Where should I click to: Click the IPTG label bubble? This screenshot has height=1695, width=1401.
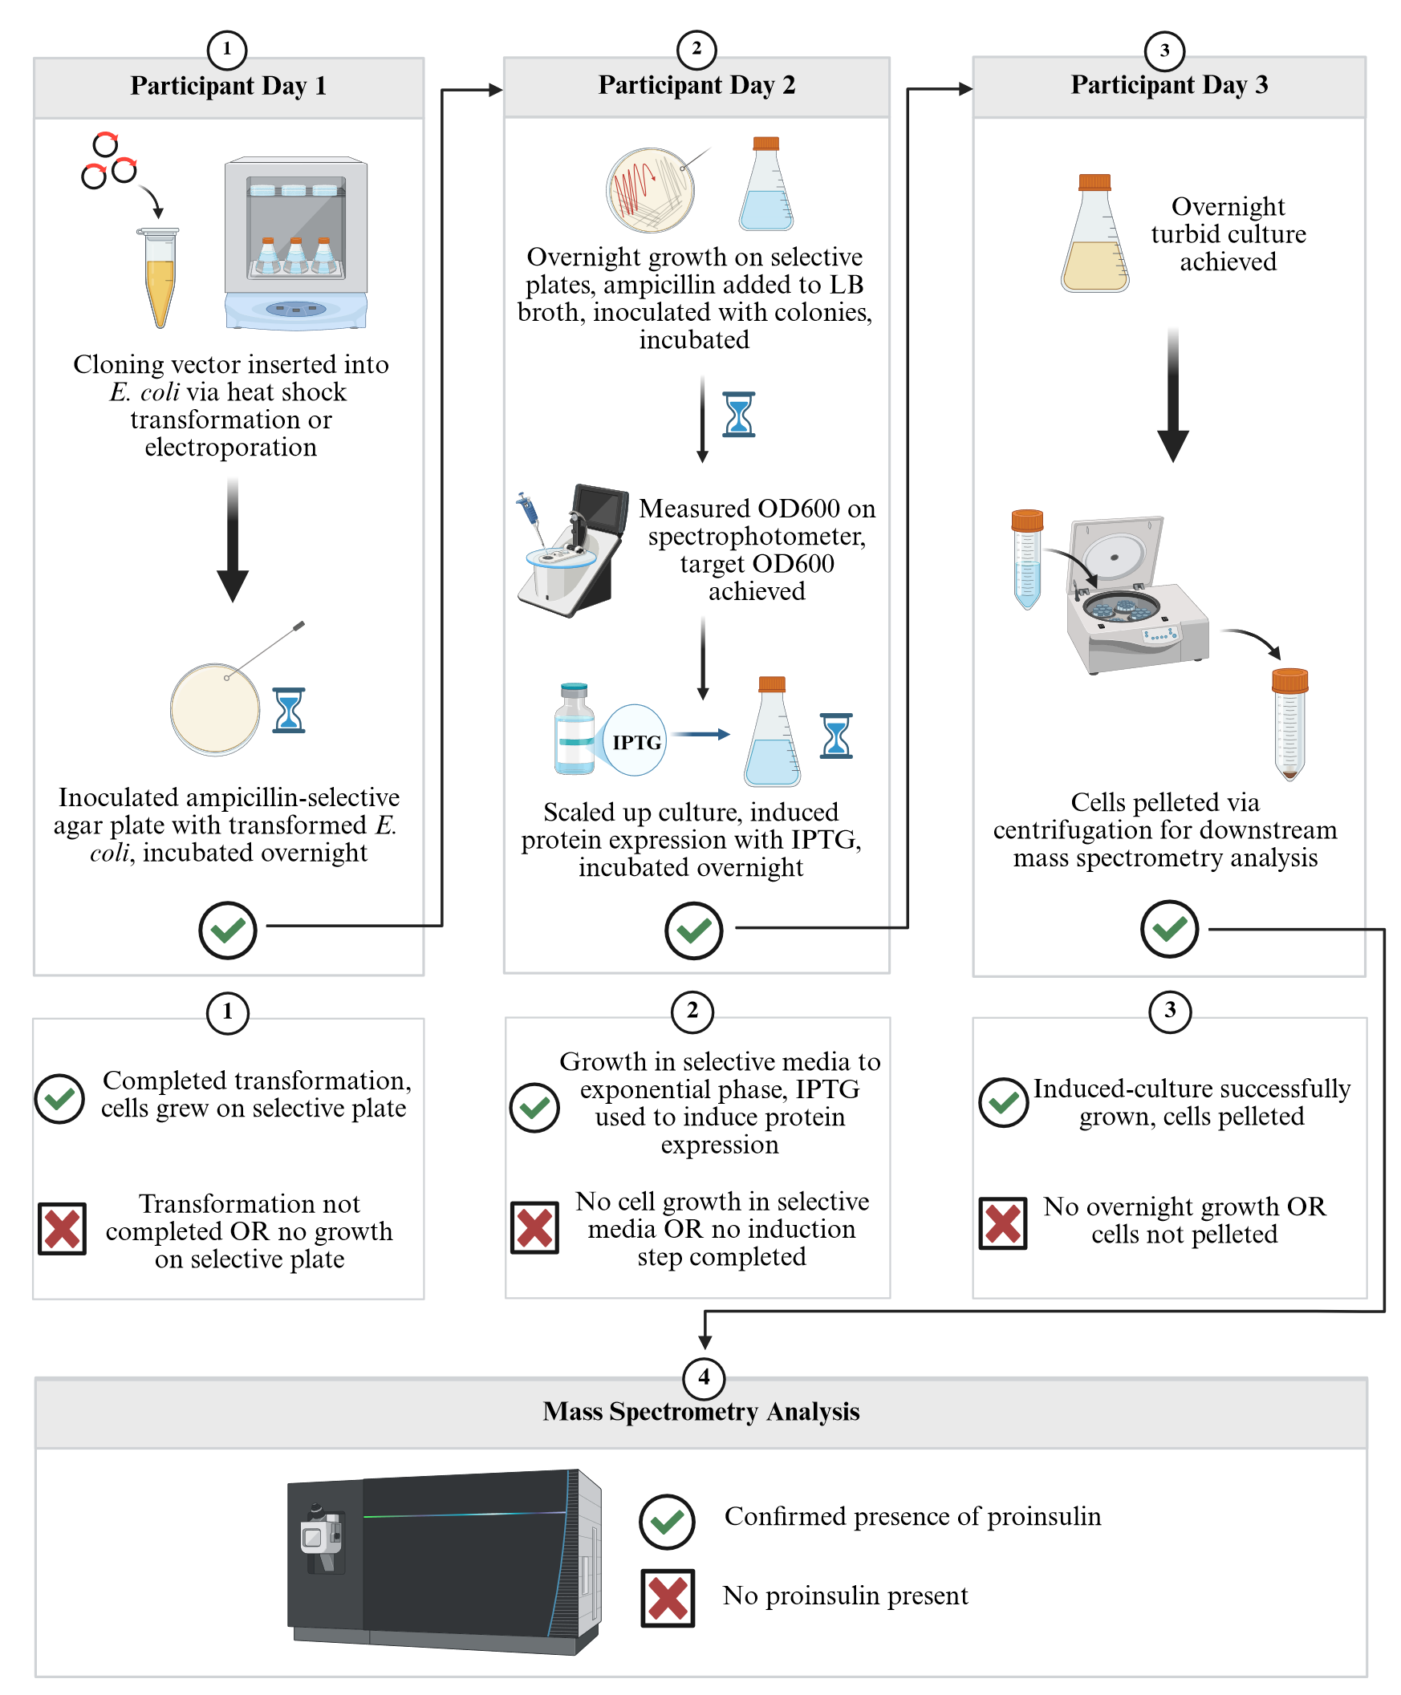click(x=636, y=740)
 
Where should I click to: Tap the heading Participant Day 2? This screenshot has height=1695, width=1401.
click(x=696, y=85)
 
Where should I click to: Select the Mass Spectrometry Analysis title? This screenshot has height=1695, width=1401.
click(x=700, y=1411)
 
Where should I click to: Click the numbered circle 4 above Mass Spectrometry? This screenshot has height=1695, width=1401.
click(x=704, y=1377)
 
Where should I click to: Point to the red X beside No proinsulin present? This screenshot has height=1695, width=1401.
click(x=668, y=1597)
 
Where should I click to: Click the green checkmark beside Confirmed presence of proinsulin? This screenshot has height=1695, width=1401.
click(x=667, y=1522)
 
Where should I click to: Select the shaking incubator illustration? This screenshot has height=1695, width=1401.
click(x=296, y=243)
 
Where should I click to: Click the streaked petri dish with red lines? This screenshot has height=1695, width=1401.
click(x=651, y=190)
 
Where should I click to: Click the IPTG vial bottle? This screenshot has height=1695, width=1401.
click(x=574, y=729)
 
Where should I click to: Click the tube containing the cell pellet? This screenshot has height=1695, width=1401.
click(x=1289, y=724)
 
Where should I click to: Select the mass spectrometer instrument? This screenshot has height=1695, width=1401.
click(x=444, y=1560)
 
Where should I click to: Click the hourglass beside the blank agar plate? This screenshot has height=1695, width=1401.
click(x=288, y=710)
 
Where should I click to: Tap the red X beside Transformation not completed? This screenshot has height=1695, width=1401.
click(x=62, y=1230)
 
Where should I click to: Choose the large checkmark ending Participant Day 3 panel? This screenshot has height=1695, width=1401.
click(x=1168, y=930)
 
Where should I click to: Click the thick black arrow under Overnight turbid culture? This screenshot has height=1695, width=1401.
click(x=1172, y=395)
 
